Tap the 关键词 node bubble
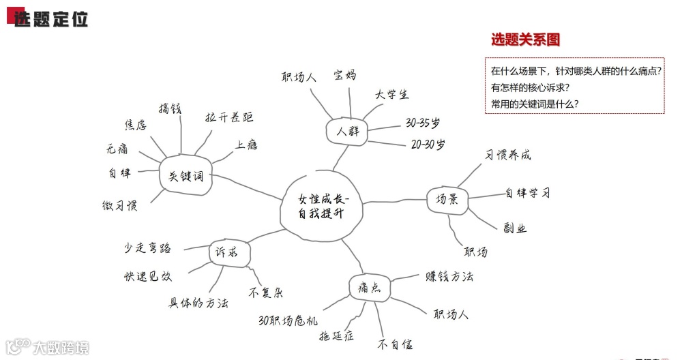186,176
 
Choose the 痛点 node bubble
369,287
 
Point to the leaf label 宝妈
344,75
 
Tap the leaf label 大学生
391,95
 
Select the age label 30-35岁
423,123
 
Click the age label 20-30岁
428,145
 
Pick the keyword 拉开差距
229,118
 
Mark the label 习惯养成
507,155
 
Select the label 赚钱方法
449,276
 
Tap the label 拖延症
336,335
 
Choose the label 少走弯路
147,247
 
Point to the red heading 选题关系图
525,40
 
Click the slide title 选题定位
51,19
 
